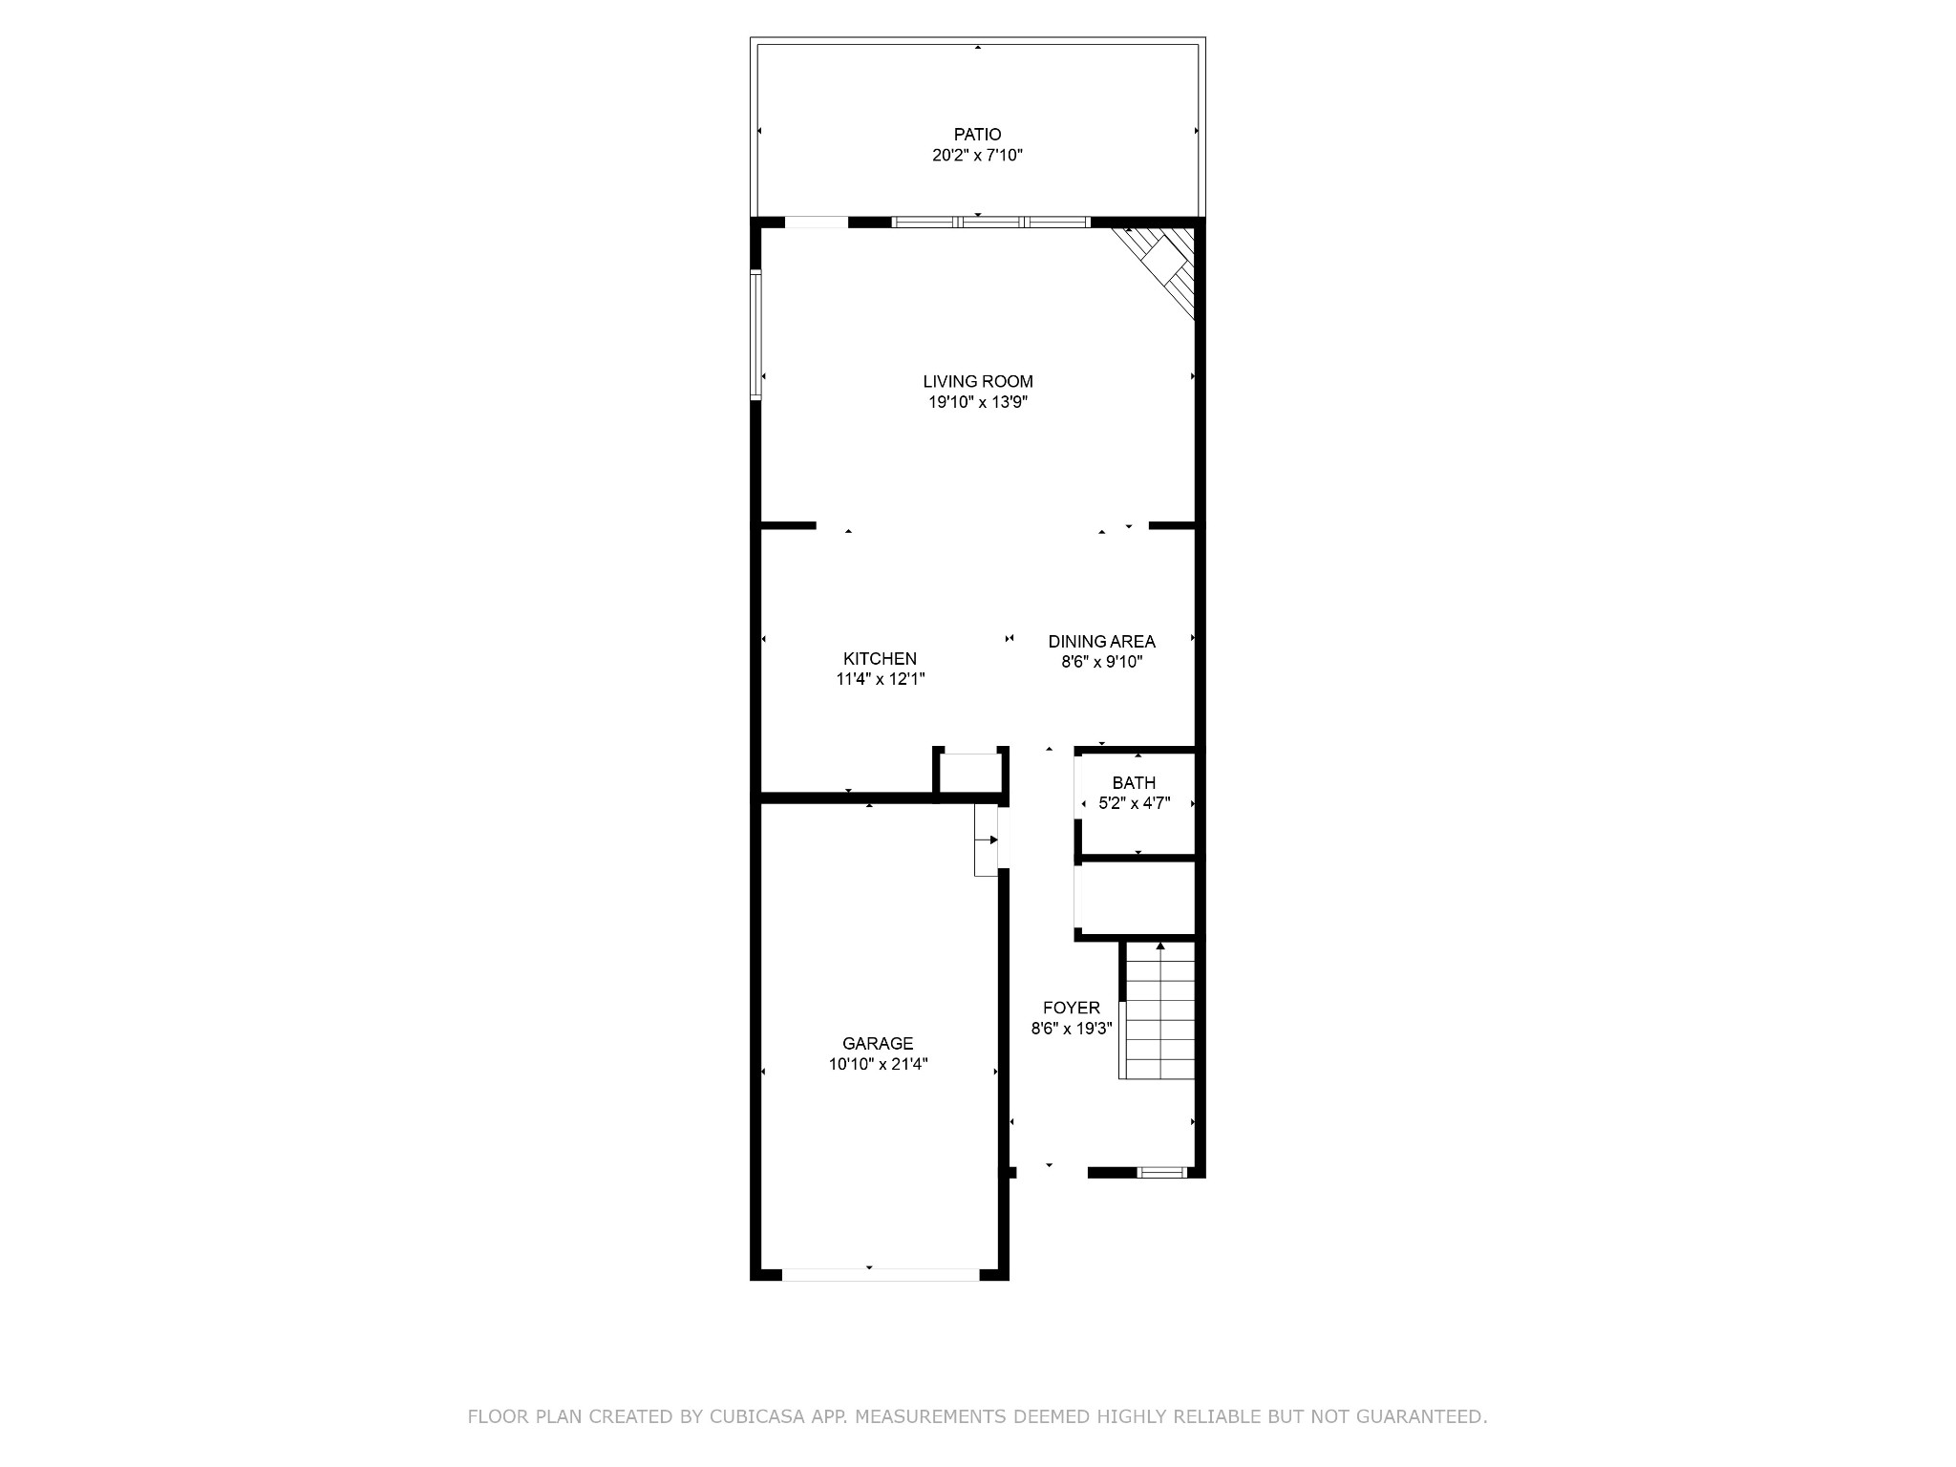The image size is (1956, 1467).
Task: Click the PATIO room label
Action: coord(977,135)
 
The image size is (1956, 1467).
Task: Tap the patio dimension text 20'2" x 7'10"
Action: coord(977,156)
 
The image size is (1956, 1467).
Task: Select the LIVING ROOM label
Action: coord(978,382)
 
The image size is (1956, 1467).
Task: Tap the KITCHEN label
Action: coord(880,659)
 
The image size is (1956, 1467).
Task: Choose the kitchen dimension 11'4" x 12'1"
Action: coord(880,680)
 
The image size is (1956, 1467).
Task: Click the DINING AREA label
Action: coord(1101,642)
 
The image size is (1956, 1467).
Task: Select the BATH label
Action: coord(1134,783)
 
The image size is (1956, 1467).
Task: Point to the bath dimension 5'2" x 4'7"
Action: coord(1134,804)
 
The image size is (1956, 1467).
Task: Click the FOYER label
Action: coord(1072,1008)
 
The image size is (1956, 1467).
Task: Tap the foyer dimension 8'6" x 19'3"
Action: coord(1072,1029)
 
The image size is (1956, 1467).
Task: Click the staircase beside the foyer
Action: coord(1158,1010)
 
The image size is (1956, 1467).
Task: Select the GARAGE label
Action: coord(878,1044)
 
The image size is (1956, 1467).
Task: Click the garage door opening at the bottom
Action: coord(881,1274)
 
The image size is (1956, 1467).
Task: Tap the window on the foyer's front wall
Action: coord(1162,1173)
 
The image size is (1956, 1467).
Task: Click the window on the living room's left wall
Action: coord(755,334)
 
